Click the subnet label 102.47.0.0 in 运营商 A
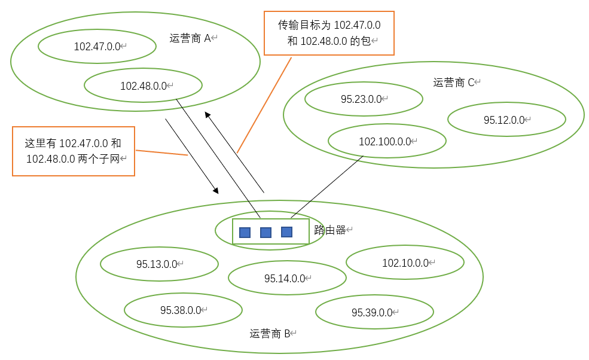[97, 47]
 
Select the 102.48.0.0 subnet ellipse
[143, 86]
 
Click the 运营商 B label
[270, 333]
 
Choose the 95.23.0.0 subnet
[361, 99]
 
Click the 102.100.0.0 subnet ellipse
[385, 142]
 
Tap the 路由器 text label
[330, 230]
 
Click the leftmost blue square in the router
[245, 233]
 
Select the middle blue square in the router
[265, 233]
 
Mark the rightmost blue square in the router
[286, 232]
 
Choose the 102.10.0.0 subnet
[405, 263]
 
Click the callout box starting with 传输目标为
[329, 33]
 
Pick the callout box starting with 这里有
[73, 151]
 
